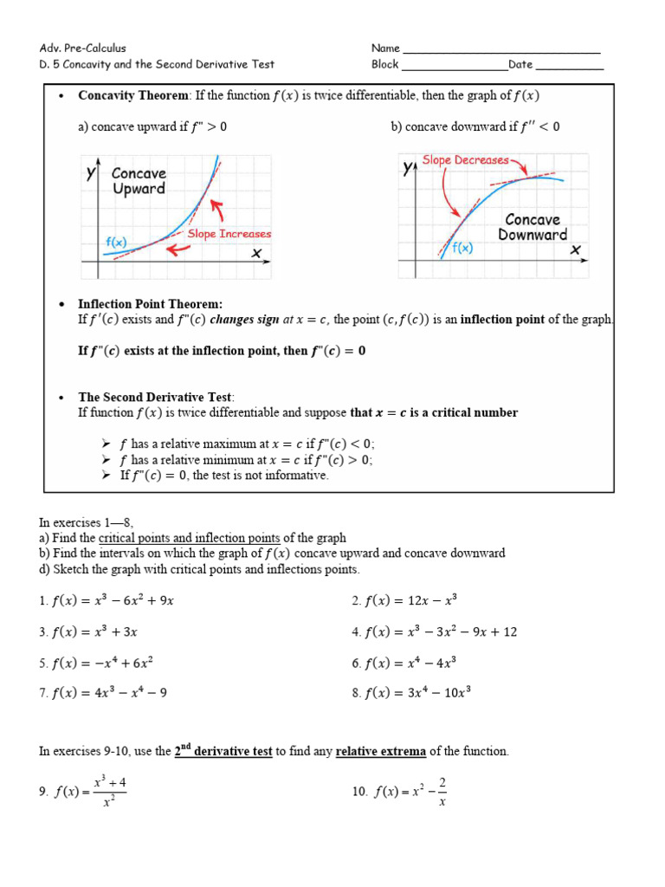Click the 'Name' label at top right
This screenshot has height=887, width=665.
point(385,49)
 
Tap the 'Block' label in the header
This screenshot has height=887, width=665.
point(385,64)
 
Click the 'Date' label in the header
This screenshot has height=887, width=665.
point(520,64)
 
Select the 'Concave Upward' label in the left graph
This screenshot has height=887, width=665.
point(139,181)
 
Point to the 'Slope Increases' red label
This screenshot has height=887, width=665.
point(229,234)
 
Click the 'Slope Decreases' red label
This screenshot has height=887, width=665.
point(466,160)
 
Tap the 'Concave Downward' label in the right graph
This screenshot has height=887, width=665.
point(533,227)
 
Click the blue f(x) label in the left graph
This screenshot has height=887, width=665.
point(116,243)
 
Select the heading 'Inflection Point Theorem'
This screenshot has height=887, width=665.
point(151,304)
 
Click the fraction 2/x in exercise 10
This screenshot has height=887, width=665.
point(442,792)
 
